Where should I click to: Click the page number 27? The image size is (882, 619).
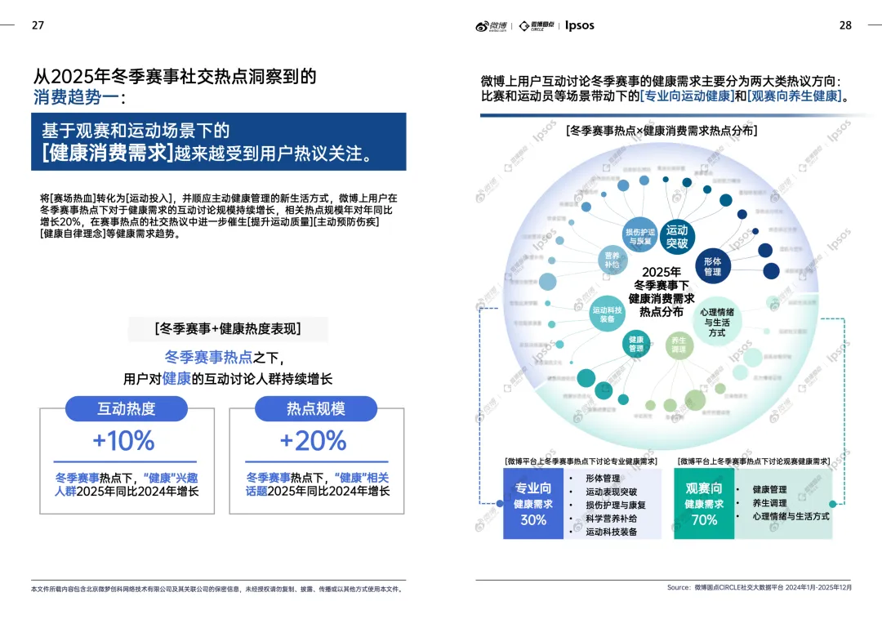pyautogui.click(x=38, y=25)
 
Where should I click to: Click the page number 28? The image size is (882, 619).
pyautogui.click(x=845, y=25)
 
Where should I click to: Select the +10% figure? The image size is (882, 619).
pyautogui.click(x=123, y=441)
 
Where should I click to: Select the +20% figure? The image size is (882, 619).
pyautogui.click(x=313, y=441)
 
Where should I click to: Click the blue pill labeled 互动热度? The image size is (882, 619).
pyautogui.click(x=127, y=409)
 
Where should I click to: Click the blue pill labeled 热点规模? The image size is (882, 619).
pyautogui.click(x=316, y=409)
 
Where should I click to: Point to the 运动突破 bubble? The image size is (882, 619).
pyautogui.click(x=677, y=237)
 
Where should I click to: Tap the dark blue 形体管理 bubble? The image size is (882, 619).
pyautogui.click(x=712, y=266)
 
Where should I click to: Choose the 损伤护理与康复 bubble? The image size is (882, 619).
pyautogui.click(x=639, y=236)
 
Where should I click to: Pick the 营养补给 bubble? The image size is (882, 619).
pyautogui.click(x=612, y=260)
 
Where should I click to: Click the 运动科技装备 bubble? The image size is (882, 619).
pyautogui.click(x=607, y=314)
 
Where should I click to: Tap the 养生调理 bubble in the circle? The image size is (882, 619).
pyautogui.click(x=678, y=345)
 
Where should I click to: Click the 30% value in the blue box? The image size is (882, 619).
pyautogui.click(x=533, y=519)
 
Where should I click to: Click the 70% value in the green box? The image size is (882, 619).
pyautogui.click(x=704, y=519)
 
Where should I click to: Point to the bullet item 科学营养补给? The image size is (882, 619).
pyautogui.click(x=611, y=519)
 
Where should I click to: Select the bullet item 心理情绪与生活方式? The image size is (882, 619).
pyautogui.click(x=791, y=516)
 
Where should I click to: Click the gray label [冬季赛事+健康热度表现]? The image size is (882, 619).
pyautogui.click(x=228, y=329)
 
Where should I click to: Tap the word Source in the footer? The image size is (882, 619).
pyautogui.click(x=679, y=587)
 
